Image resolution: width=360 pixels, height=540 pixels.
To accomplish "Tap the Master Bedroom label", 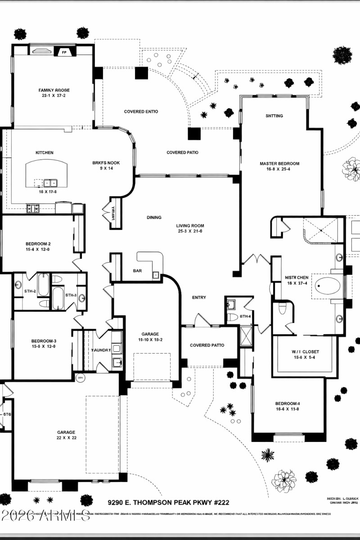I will (279, 164).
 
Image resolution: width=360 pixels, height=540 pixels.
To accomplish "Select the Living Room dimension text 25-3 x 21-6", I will (190, 231).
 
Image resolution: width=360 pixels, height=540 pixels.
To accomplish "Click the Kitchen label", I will (45, 153).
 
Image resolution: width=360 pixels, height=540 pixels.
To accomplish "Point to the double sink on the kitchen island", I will (50, 183).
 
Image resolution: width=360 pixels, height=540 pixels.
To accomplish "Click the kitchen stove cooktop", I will (34, 208).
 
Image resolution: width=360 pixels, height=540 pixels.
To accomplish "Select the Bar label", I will (137, 271).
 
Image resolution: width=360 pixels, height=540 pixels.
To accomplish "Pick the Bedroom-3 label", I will (44, 341).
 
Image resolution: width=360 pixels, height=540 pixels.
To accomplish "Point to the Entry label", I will (199, 297).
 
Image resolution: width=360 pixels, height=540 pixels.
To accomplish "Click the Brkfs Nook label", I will (106, 163).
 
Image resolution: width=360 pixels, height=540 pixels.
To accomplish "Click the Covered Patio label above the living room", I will (182, 153).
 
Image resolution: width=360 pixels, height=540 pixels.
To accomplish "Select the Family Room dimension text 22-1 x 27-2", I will (54, 96).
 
